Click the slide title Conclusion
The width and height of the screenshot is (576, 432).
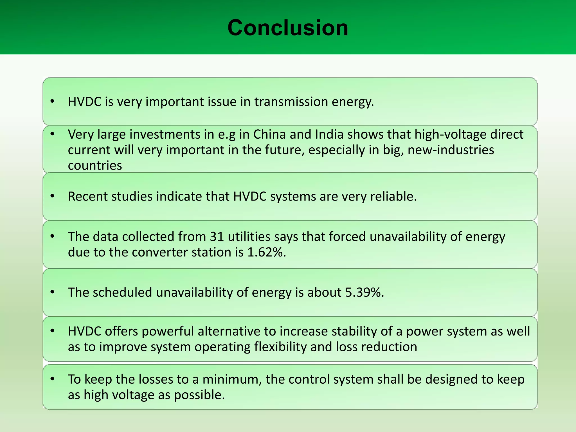coord(288,28)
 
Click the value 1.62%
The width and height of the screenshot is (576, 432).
coord(266,252)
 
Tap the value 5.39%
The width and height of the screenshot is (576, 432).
coord(364,292)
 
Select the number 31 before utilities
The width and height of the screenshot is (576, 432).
coord(217,237)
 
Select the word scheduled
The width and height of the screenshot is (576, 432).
coord(122,292)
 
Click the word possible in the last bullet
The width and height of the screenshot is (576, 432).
coord(199,395)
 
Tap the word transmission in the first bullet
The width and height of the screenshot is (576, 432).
coord(291,102)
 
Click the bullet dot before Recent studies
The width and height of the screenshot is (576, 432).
coord(52,196)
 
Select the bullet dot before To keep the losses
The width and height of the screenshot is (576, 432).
coord(52,379)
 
